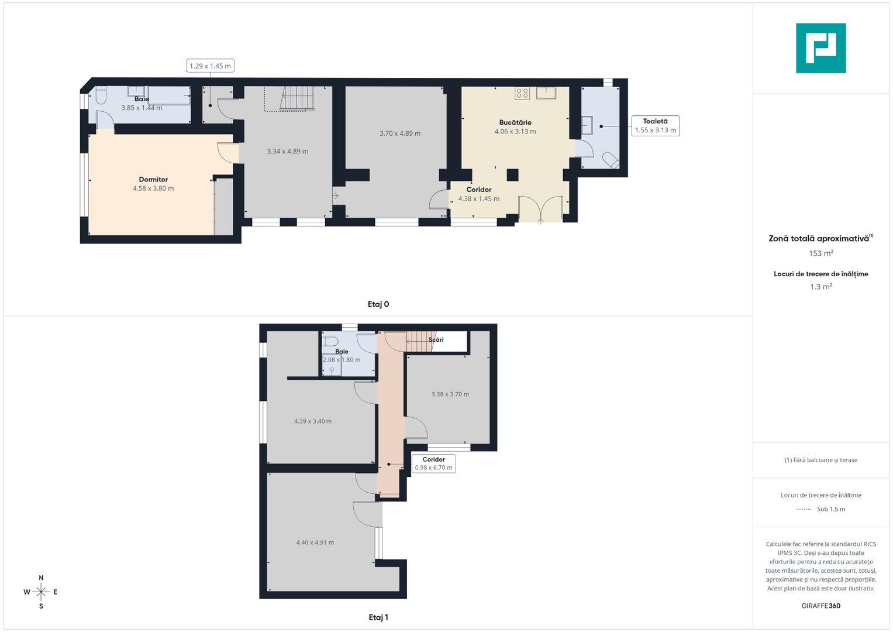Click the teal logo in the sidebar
point(820,48)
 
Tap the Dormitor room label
point(153,180)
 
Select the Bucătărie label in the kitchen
point(515,122)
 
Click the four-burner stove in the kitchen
point(522,94)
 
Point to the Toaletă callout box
point(656,126)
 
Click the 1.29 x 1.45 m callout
point(210,66)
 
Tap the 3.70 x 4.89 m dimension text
point(400,133)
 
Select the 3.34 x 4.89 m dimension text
point(288,151)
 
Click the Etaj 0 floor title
point(378,304)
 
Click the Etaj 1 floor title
point(378,617)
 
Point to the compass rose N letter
point(41,578)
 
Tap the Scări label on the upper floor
point(436,339)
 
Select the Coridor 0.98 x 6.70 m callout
point(434,463)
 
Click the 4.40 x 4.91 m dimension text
point(315,542)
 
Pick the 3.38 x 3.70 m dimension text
point(450,394)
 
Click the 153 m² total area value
point(821,253)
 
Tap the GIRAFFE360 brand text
point(821,606)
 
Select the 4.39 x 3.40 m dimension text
point(313,421)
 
